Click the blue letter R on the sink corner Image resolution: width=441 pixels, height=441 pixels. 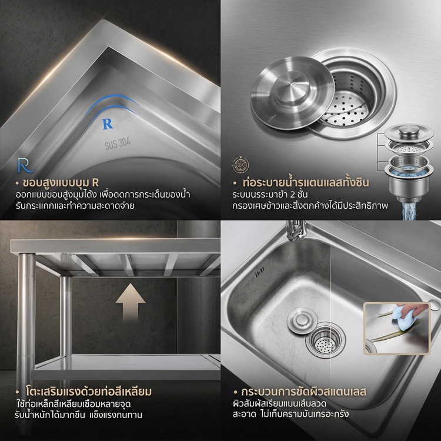(x=108, y=123)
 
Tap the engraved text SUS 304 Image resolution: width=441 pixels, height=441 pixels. (x=118, y=143)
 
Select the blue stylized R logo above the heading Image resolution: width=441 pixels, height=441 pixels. (x=25, y=165)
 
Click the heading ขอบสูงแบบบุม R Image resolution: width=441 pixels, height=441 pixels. (x=61, y=182)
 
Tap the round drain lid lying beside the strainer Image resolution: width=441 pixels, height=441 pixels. (x=292, y=93)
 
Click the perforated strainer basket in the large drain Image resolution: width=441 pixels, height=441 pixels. (x=349, y=104)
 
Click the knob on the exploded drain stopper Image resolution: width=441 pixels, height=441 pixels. (x=409, y=130)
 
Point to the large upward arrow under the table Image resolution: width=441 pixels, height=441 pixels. (x=130, y=302)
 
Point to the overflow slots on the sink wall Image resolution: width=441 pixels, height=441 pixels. (x=259, y=272)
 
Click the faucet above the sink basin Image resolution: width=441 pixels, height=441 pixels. (x=296, y=230)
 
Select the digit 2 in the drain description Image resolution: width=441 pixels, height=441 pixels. (x=292, y=195)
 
